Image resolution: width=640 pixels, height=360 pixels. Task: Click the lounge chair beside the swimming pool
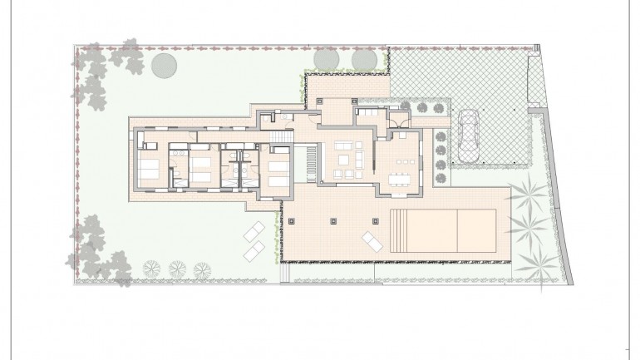pyautogui.click(x=372, y=242)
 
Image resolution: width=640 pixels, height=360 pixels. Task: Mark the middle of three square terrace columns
pyautogui.click(x=333, y=221)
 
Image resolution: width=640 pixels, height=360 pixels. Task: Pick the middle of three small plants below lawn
pyautogui.click(x=176, y=268)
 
